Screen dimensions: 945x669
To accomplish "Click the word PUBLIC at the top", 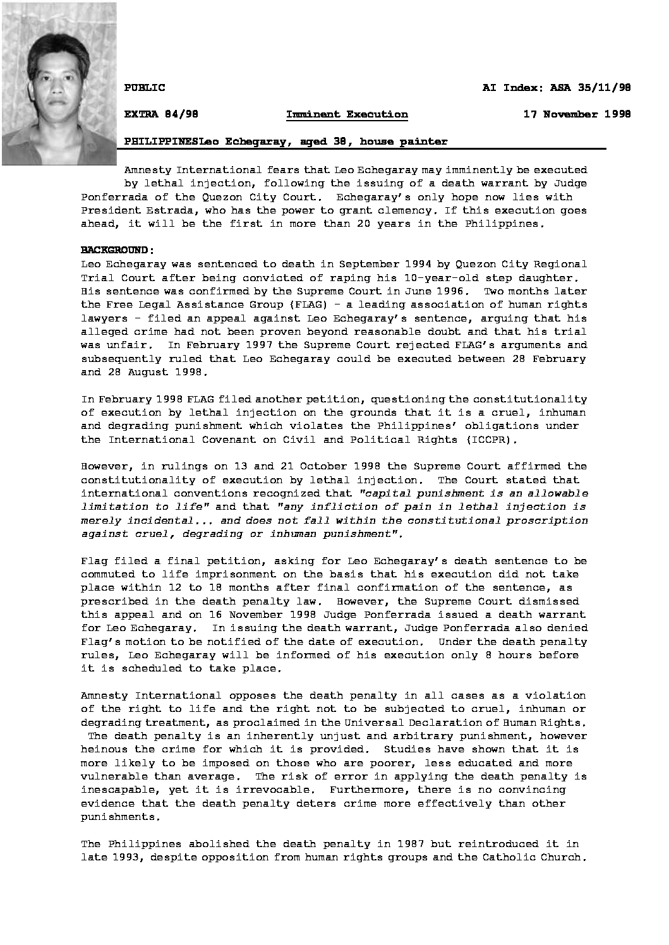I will [x=145, y=88].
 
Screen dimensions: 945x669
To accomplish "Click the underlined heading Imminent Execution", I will [x=347, y=114].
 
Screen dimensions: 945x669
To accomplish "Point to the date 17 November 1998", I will [x=577, y=114].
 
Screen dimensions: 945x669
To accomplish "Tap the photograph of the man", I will [x=59, y=83].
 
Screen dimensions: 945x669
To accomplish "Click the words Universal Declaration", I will [x=406, y=723].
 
